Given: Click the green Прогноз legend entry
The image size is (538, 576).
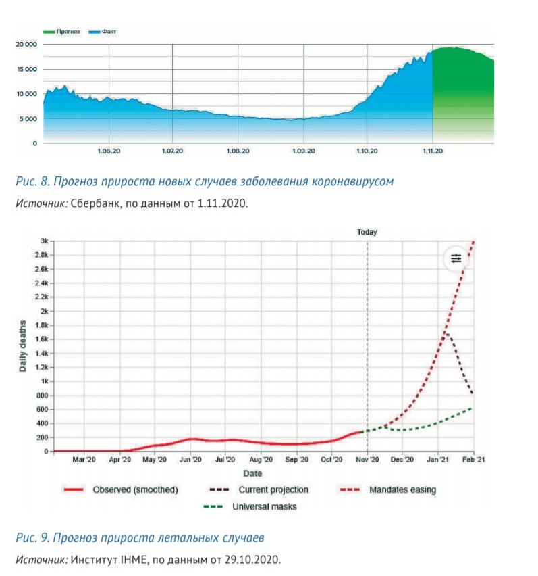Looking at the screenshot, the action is point(61,32).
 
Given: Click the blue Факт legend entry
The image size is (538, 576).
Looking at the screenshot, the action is point(103,32).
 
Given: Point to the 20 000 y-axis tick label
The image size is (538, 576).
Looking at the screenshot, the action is point(26,44).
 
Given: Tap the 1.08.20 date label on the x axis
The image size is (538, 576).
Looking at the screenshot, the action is point(238,151).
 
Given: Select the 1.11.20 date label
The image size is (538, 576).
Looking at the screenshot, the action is point(433,151).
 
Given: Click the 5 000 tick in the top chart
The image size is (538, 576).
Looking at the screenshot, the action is point(28,119).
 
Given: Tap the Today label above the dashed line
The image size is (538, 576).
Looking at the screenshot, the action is point(367,232).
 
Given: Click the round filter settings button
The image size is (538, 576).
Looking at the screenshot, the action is point(456,259).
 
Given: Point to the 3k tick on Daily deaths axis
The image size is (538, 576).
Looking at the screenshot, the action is point(45,241).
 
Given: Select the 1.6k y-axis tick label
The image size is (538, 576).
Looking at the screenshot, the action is point(42,339).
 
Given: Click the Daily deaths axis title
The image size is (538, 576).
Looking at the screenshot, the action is point(22,346).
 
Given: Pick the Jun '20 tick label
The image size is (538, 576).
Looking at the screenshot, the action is point(190,460).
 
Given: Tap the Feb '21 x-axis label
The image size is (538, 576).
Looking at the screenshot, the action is point(473,460).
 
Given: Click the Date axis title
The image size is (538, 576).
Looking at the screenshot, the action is point(252,473).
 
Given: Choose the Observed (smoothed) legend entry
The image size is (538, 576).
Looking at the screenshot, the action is point(121,489).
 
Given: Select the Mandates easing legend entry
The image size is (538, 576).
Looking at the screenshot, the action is point(388,489).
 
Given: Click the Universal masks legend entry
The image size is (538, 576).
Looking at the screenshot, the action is point(250,506).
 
